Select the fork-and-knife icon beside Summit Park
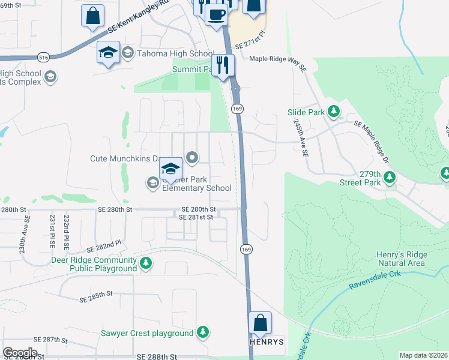(223, 65)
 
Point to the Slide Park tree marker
(334, 112)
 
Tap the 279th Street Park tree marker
(390, 177)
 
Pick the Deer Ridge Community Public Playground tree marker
(145, 263)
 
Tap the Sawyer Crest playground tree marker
(203, 333)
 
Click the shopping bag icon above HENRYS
(261, 323)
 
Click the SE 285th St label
(96, 294)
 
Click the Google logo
(20, 353)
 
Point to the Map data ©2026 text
(423, 355)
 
